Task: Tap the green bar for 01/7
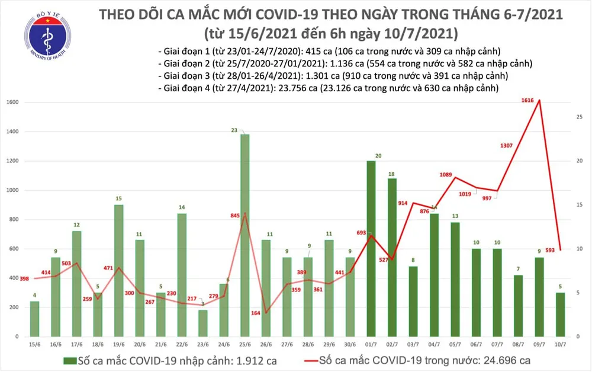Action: coord(371,249)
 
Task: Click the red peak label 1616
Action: coord(528,101)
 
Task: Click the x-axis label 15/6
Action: coord(35,344)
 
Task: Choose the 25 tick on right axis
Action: coord(580,117)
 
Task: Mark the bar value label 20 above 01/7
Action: coord(371,156)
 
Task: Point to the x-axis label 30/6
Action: coord(350,344)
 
